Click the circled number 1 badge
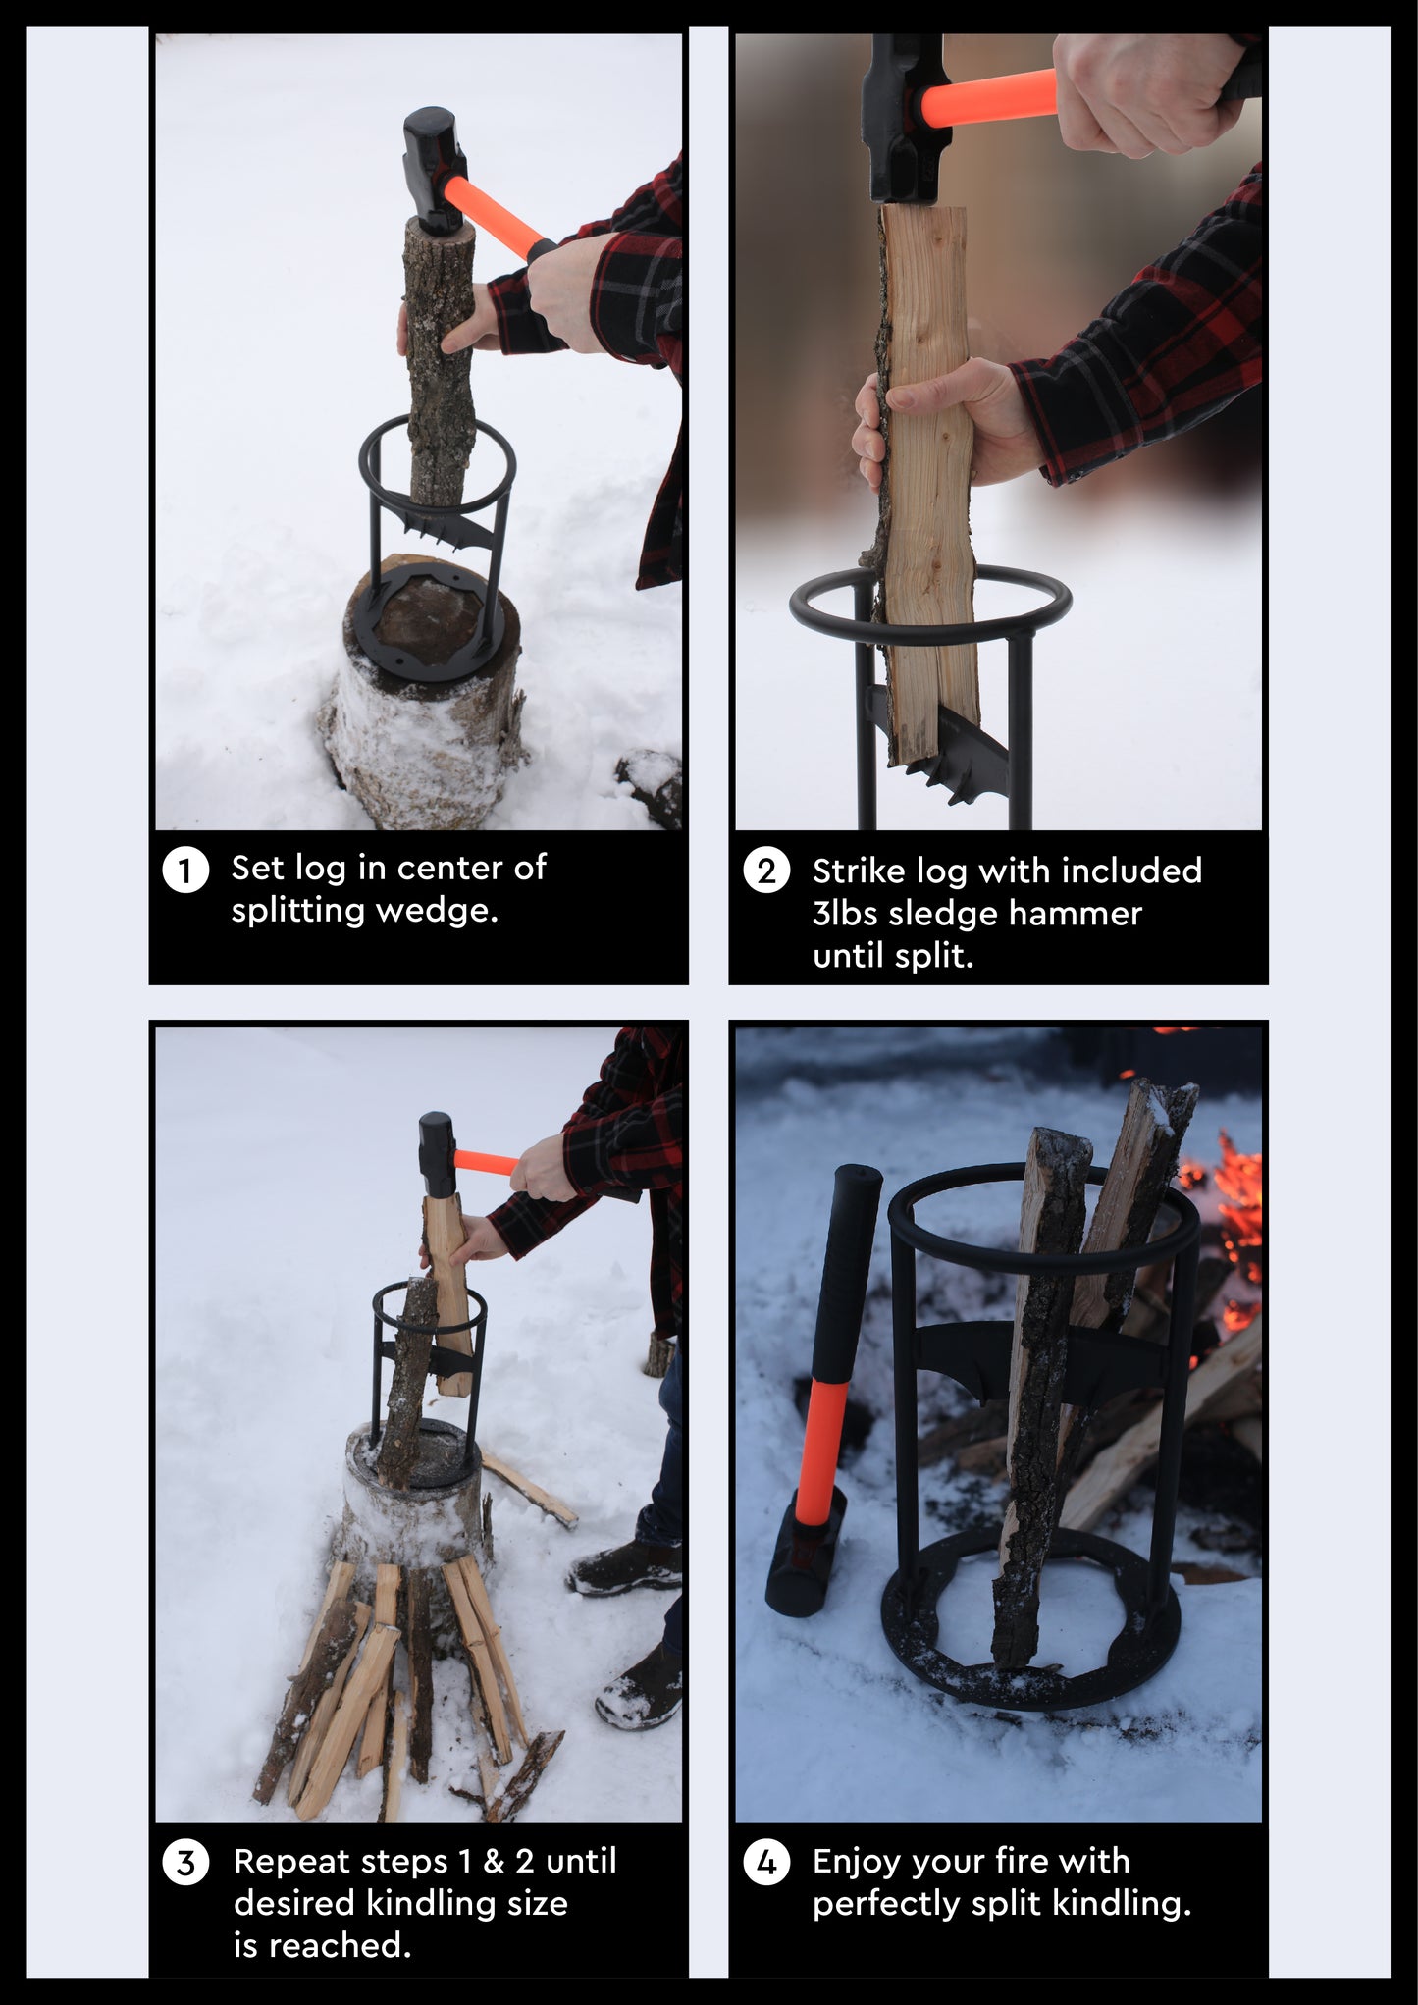click(185, 870)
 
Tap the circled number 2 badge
click(766, 870)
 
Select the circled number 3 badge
click(185, 1863)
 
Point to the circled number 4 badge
click(766, 1863)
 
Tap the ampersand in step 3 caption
click(494, 1862)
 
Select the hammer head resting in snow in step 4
click(805, 1554)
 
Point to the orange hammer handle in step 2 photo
click(988, 98)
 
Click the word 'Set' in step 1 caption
click(257, 869)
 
